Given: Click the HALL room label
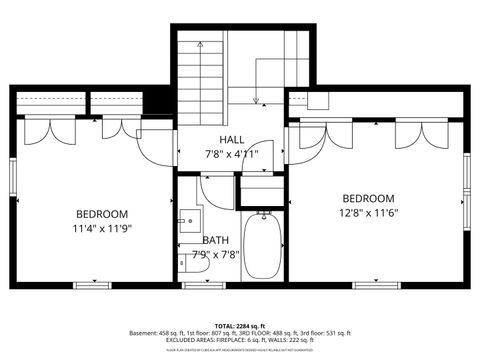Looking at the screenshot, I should point(233,139).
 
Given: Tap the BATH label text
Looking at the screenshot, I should point(215,240).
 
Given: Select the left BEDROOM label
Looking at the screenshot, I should point(102,214).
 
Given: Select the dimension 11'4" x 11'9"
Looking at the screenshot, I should point(102,228).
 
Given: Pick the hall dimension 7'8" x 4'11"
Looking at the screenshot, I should point(233,153).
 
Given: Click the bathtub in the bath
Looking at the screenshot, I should point(263,248).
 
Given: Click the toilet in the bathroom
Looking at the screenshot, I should point(187,261).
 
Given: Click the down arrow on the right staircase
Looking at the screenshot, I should point(256,98).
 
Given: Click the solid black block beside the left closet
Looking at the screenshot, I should point(158,102).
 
